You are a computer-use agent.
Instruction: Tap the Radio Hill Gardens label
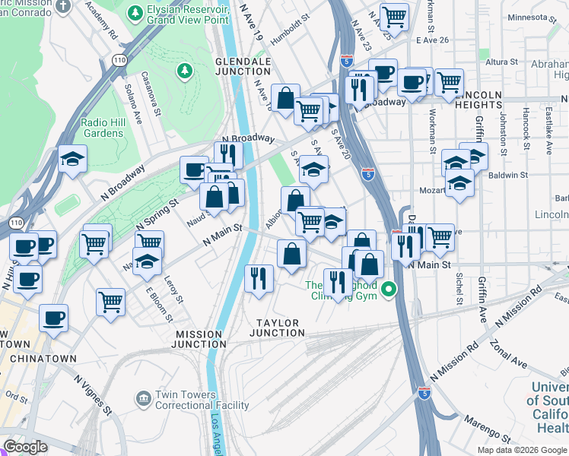tap(102, 128)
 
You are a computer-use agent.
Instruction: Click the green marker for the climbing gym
tap(389, 290)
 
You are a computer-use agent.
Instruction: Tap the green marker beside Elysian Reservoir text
tap(136, 13)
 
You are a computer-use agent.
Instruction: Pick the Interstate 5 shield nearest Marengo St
tap(424, 393)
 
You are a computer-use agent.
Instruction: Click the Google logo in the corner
tap(25, 447)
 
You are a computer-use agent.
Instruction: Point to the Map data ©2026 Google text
tap(521, 450)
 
